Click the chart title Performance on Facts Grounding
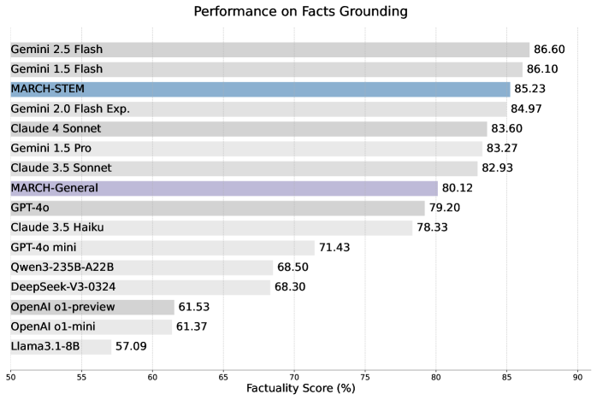[x=299, y=11]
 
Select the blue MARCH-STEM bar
[x=260, y=89]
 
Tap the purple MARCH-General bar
[x=224, y=188]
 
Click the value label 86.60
[x=551, y=50]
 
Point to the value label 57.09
[x=133, y=347]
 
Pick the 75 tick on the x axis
[x=365, y=375]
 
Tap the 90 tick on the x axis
[x=578, y=375]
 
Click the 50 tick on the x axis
[x=10, y=375]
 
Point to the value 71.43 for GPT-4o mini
[x=336, y=248]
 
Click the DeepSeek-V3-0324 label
[x=62, y=287]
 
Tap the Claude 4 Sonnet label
[x=56, y=129]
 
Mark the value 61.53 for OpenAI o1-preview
[x=196, y=307]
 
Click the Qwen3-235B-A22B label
[x=62, y=268]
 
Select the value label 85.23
[x=532, y=89]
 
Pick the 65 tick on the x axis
[x=223, y=375]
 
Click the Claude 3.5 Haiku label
[x=55, y=228]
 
